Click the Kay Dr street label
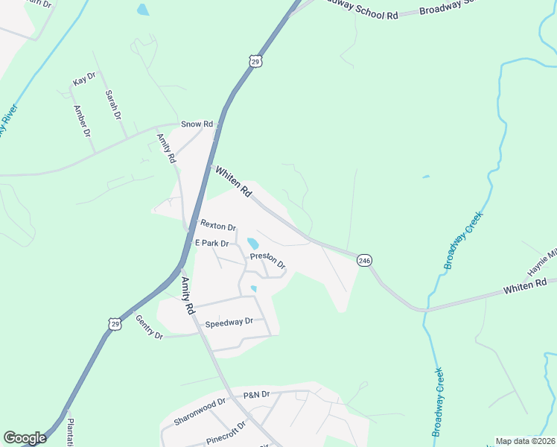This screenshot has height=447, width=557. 84,77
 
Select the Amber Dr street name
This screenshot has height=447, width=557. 81,121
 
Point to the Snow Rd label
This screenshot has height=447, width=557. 197,124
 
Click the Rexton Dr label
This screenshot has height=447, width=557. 217,225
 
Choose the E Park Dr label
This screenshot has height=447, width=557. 213,243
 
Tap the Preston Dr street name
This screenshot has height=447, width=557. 267,260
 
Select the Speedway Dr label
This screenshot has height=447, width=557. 229,322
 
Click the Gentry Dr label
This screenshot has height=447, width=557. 149,327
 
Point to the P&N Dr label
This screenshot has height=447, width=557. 255,394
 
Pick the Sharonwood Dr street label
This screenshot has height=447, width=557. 199,412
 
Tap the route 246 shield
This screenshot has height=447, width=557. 364,260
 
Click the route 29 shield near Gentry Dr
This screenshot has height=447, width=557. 114,323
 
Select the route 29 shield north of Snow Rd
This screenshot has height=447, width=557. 255,62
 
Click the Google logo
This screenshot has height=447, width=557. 25,438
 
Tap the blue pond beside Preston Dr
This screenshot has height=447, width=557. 252,244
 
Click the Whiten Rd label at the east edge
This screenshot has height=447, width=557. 524,285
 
